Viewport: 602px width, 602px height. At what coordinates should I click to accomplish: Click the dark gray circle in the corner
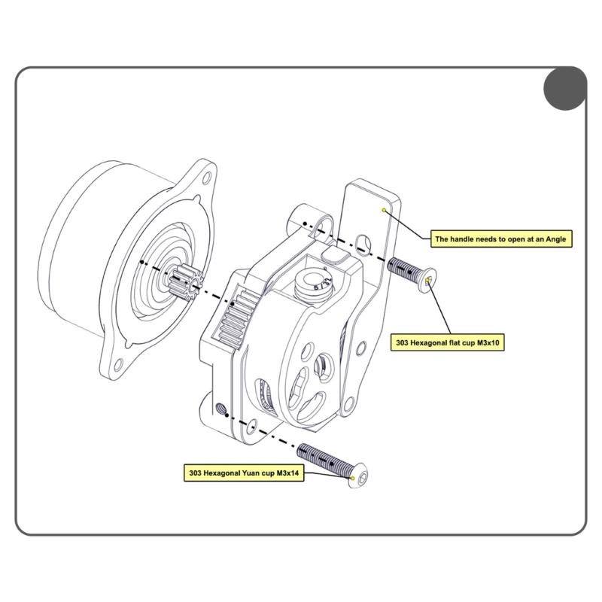[564, 87]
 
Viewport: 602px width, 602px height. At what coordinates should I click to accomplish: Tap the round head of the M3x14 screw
[360, 477]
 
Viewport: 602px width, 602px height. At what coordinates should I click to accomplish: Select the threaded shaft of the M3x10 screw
[403, 267]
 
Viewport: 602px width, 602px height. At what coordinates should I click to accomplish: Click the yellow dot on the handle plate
[385, 210]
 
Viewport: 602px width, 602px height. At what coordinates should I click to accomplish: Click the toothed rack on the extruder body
[239, 317]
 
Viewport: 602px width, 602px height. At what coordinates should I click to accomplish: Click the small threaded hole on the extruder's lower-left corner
[221, 409]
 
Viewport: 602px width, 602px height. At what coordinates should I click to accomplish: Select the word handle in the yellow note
[464, 239]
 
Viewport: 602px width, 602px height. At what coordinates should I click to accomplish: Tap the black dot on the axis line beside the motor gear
[142, 261]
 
